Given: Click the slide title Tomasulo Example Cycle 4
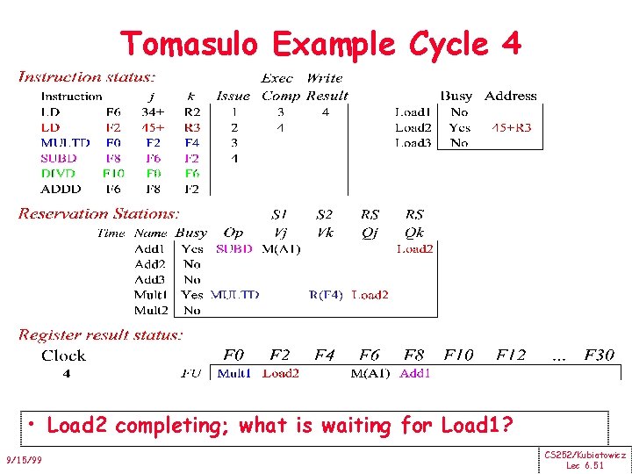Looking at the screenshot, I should (320, 43).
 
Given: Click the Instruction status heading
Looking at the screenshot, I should (88, 76).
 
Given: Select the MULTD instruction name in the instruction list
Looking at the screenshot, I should (65, 142).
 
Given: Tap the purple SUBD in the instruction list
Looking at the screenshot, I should (58, 158).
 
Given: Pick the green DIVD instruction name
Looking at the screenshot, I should (58, 173).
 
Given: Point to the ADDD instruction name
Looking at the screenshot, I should (61, 188).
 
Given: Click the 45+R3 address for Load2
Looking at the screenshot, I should (511, 127).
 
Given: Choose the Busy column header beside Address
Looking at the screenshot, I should (456, 96).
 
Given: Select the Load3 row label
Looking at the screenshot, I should (413, 142).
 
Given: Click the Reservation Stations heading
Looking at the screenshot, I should (99, 213).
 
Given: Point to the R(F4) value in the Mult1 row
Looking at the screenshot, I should (326, 295).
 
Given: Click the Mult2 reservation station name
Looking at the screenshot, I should (150, 310).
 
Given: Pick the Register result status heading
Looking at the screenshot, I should (101, 334).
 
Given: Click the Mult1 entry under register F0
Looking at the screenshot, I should (233, 373).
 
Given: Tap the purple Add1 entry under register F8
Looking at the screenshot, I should (415, 373).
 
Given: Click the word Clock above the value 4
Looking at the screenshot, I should (64, 355).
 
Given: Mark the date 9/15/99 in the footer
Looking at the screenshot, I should (23, 460).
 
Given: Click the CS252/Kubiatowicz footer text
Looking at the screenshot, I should (585, 455).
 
